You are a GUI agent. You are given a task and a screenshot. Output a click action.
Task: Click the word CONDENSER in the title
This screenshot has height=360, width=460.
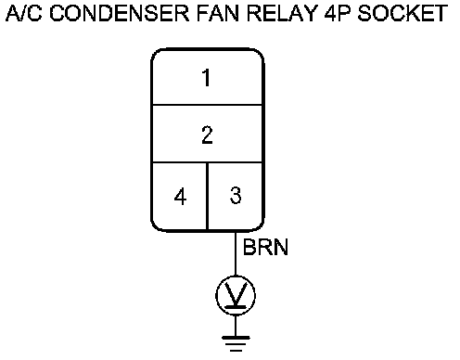120,13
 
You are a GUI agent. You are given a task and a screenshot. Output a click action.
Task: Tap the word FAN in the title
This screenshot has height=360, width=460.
218,13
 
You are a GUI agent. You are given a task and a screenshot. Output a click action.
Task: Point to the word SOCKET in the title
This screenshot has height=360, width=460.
402,13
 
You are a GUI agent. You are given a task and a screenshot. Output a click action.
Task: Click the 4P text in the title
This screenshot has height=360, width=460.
338,13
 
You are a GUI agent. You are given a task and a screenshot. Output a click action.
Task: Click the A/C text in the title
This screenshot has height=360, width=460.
24,13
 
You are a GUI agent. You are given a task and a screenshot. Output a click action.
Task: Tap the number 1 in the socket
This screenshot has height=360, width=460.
206,78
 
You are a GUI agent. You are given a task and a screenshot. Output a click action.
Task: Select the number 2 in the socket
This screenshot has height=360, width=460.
207,135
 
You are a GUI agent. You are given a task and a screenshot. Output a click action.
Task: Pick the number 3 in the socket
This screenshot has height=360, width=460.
236,195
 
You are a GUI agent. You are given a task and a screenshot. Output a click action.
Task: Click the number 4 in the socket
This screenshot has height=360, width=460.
180,197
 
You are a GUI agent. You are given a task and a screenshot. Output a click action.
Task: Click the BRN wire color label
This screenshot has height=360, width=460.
265,247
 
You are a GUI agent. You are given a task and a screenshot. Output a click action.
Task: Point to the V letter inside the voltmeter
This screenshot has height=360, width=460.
236,294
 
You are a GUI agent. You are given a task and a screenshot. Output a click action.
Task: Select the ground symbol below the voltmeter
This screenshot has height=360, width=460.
236,343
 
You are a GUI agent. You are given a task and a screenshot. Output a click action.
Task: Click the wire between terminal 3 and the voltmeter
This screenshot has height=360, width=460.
236,253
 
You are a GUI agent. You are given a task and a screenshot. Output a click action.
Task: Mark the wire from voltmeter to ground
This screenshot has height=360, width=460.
236,326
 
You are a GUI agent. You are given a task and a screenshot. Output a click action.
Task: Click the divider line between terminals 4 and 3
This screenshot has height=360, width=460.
207,196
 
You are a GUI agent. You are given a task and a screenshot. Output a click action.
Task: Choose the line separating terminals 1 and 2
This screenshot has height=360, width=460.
207,105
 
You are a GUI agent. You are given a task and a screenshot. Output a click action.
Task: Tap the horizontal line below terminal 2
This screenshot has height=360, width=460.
207,161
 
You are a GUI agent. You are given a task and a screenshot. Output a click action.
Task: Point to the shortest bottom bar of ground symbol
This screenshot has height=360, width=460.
236,351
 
